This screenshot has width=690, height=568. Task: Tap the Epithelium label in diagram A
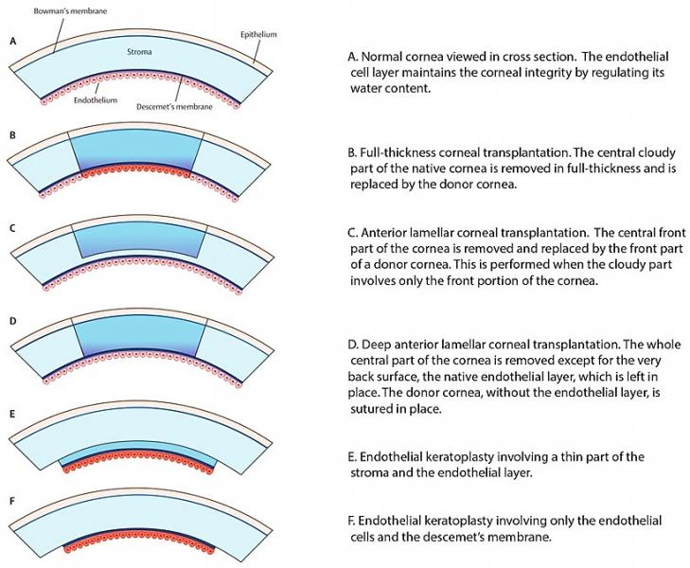click(257, 33)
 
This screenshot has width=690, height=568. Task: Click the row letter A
click(11, 42)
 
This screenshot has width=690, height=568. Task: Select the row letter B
click(11, 135)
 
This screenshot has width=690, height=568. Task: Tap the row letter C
click(11, 228)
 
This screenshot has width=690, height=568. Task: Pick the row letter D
click(11, 321)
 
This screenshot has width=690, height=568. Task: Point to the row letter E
click(11, 414)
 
